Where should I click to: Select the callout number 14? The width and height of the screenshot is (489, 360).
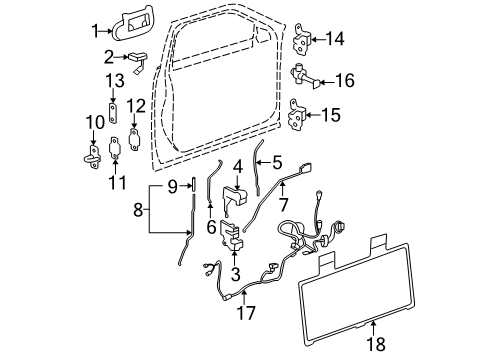click(x=334, y=39)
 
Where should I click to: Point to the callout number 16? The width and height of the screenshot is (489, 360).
click(x=345, y=76)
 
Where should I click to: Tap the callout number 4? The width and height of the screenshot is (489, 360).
click(x=236, y=166)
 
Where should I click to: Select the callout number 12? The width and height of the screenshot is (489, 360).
click(x=135, y=105)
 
